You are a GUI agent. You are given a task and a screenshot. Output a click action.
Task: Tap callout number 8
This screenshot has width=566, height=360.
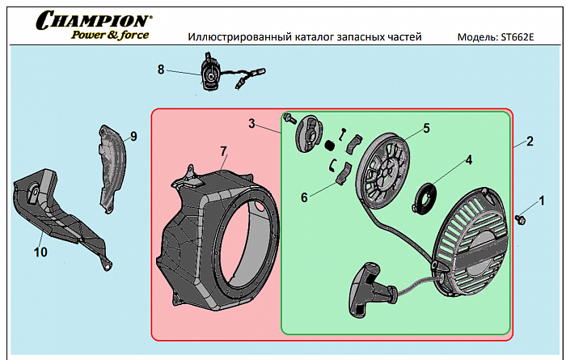161,70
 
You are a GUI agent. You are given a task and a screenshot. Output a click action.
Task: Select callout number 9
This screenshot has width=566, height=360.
133,136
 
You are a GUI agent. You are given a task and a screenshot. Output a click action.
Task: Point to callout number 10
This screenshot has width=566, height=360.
40,252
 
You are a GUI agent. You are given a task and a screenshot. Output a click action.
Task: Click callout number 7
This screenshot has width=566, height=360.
223,150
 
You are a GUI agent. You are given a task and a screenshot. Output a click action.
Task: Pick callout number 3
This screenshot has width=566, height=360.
251,124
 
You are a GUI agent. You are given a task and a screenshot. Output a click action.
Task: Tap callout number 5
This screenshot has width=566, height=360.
426,128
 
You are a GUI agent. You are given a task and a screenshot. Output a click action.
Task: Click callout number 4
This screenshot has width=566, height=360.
468,159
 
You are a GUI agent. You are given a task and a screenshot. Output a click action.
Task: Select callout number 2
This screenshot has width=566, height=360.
530,142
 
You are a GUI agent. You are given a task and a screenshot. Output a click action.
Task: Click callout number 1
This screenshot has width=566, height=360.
542,199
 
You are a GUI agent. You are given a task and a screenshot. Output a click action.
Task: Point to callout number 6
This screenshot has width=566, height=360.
303,197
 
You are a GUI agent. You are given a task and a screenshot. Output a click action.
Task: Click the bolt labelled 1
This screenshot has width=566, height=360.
521,218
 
